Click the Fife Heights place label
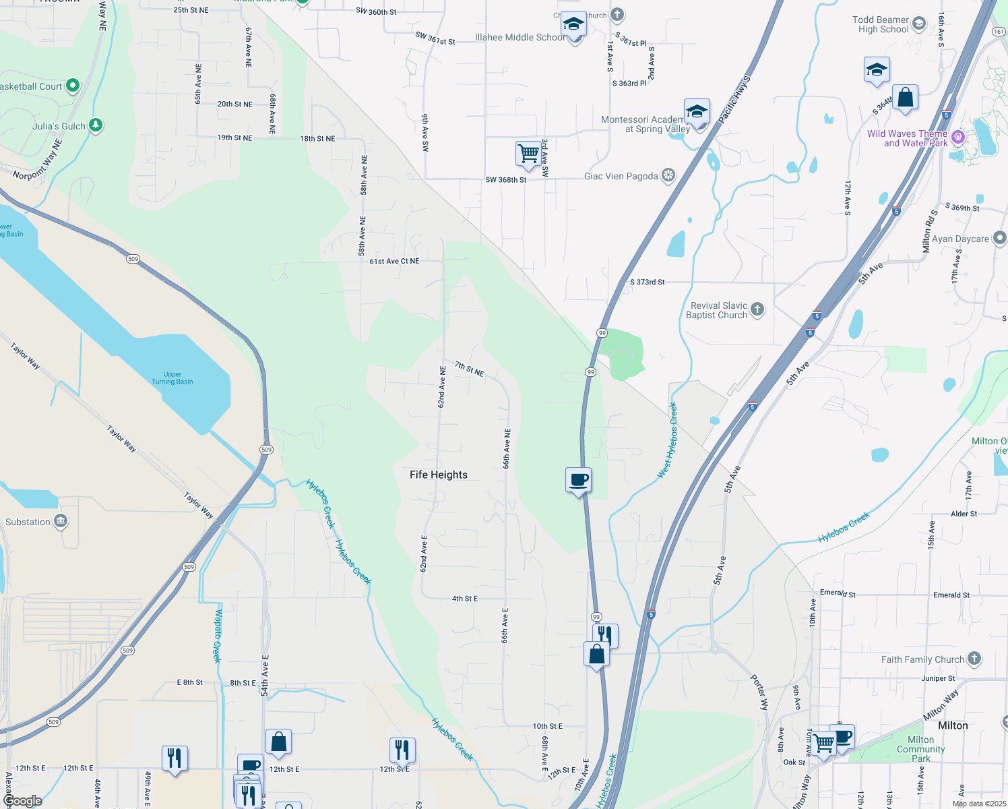pos(439,475)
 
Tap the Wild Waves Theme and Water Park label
pos(907,138)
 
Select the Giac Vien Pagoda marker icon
pos(668,176)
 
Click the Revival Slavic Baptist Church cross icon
pos(757,309)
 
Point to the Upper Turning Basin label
pos(172,378)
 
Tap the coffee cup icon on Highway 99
pos(578,480)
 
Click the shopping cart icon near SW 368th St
pos(528,154)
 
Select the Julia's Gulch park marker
pos(96,125)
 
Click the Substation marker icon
pos(61,521)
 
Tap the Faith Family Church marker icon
pos(974,659)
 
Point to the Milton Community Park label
pos(920,749)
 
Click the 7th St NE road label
pos(469,369)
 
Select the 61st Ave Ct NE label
pos(394,261)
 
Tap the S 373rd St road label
pos(647,282)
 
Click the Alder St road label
pos(964,514)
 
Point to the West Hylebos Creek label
pos(668,441)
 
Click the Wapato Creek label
pos(218,636)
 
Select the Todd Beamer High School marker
pos(919,26)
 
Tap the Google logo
pos(22,800)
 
